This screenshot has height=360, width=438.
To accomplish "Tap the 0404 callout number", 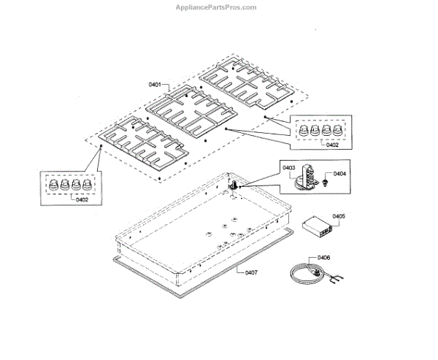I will click(339, 174).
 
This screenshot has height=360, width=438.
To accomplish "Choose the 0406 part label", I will click(323, 258).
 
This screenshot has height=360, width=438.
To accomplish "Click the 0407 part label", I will click(250, 273).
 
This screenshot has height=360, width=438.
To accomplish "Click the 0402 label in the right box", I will click(332, 145).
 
